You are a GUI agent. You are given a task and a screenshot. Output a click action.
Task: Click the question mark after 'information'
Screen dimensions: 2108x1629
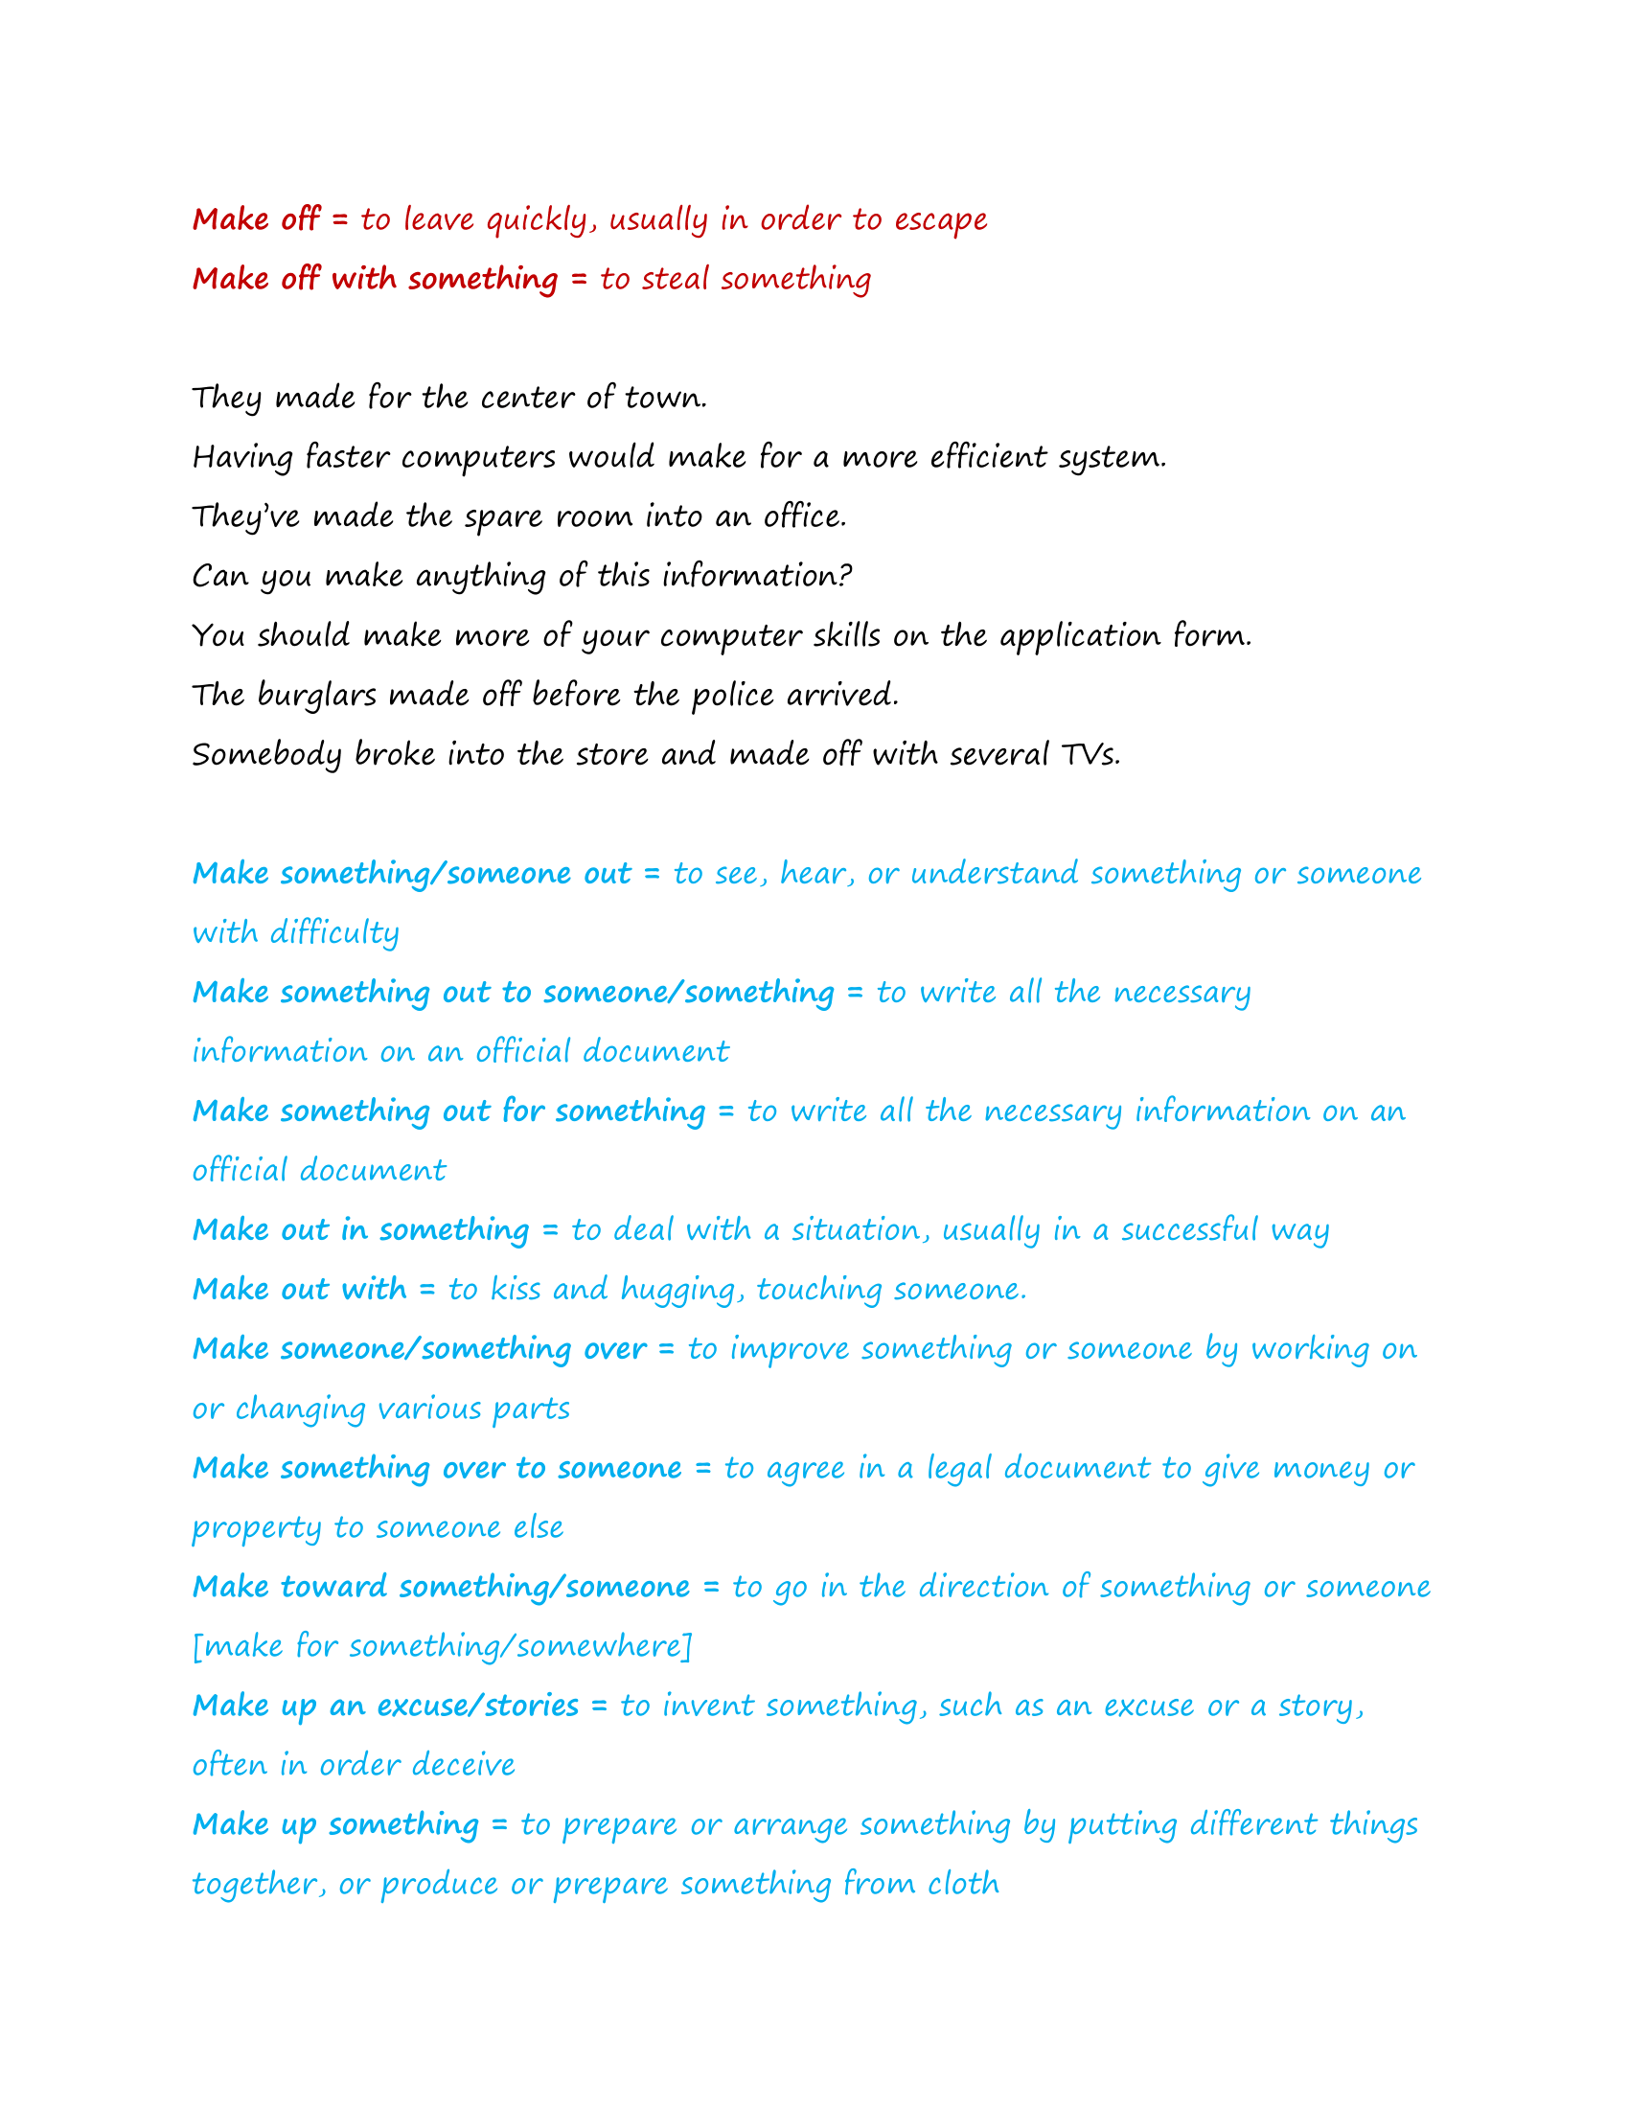point(845,576)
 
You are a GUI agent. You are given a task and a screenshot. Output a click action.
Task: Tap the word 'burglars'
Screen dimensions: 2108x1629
point(315,696)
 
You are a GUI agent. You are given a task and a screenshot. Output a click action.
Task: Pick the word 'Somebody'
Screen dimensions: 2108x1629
point(266,755)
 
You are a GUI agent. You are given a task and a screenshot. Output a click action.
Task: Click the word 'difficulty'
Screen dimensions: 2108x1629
point(333,933)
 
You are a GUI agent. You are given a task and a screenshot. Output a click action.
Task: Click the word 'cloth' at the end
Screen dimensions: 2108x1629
point(963,1884)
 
